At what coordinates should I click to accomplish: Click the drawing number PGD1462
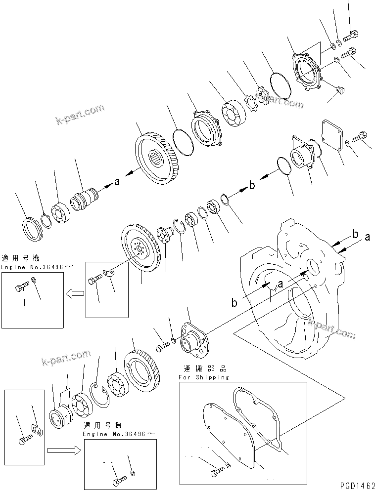click(x=355, y=485)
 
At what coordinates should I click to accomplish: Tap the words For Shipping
click(x=204, y=377)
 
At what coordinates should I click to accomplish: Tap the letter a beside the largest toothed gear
click(x=117, y=182)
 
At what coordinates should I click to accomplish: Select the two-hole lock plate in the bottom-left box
click(x=36, y=430)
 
